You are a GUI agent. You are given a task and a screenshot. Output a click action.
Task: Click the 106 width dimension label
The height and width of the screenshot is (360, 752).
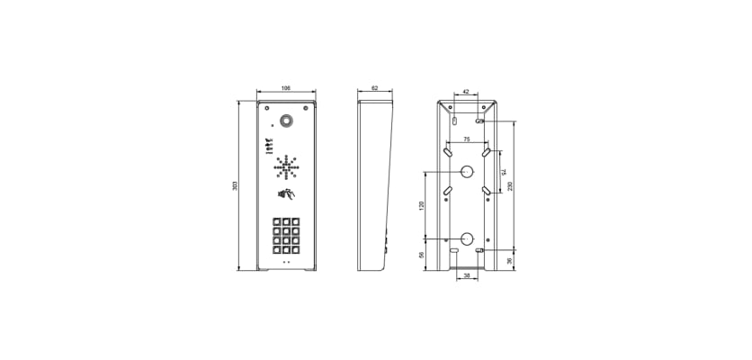pos(286,88)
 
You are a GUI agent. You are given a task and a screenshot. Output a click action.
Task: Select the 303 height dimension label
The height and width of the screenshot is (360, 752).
pos(235,185)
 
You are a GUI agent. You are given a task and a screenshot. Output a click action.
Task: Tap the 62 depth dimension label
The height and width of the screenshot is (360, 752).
pos(374,88)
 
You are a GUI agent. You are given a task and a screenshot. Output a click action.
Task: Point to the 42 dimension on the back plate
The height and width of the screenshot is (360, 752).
pos(466,91)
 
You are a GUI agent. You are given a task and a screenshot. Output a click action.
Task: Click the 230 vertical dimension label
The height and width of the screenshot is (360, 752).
pos(510,185)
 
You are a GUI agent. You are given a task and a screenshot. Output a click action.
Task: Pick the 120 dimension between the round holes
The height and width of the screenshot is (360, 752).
pos(422,205)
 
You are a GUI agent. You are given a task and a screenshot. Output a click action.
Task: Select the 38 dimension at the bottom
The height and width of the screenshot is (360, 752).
pos(467,276)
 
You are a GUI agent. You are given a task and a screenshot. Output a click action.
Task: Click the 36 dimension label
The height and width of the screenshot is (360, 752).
pos(510,260)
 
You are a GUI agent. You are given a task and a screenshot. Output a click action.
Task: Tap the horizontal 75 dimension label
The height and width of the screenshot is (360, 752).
pos(467,139)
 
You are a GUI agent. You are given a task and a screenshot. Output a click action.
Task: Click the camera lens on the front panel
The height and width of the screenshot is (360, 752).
pos(286,121)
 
